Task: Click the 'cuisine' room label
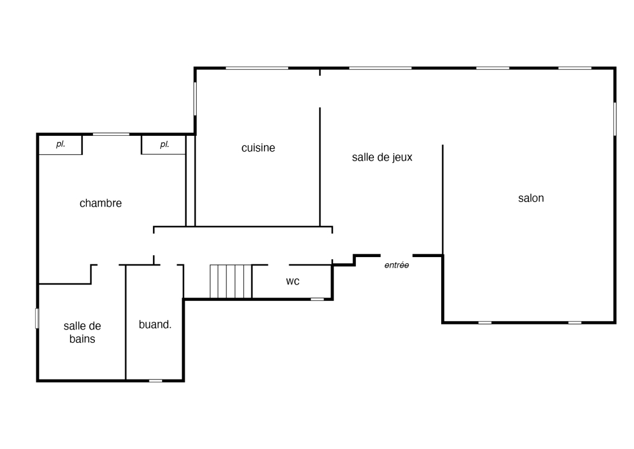click(258, 148)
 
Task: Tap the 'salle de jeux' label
click(382, 157)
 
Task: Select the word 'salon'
click(531, 198)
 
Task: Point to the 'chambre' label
click(101, 203)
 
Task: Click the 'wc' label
click(293, 281)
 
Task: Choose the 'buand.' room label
click(155, 324)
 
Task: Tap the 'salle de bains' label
click(82, 332)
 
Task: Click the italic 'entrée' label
click(396, 265)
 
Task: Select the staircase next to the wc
click(231, 281)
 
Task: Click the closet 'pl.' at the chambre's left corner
click(61, 144)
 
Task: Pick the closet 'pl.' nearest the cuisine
click(164, 145)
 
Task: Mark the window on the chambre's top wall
click(111, 134)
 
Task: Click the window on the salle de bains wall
click(37, 318)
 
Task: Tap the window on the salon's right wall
click(615, 119)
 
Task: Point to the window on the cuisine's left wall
click(195, 99)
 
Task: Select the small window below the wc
click(317, 299)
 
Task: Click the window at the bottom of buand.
click(156, 381)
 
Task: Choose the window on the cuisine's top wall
click(257, 68)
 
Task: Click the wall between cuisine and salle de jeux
click(320, 167)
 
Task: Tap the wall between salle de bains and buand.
click(126, 322)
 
